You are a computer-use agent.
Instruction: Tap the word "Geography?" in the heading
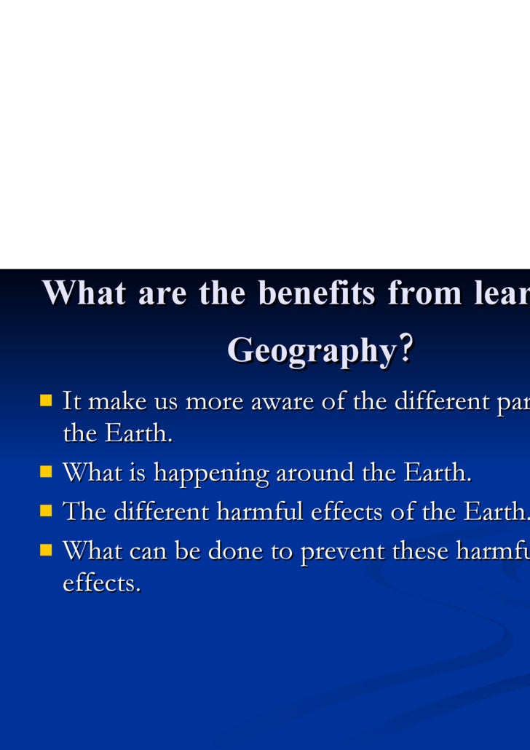(x=320, y=350)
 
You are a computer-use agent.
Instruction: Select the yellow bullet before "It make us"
(x=47, y=400)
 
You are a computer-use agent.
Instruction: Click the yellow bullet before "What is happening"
(x=47, y=472)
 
